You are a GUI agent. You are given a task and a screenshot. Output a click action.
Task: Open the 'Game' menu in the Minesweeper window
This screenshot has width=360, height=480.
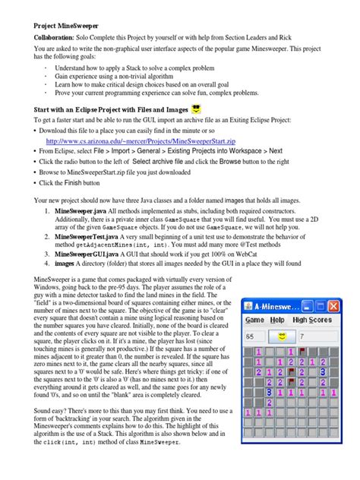click(254, 320)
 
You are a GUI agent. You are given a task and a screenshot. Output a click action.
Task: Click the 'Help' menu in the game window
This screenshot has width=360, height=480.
click(276, 320)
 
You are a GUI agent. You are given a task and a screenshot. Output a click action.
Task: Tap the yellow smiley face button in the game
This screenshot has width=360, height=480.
click(280, 336)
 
